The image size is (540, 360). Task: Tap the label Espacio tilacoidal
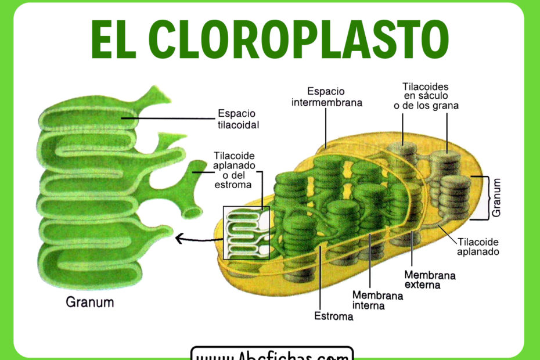pyautogui.click(x=237, y=119)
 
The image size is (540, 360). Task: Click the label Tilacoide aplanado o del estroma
pyautogui.click(x=233, y=170)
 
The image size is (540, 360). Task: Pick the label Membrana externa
pyautogui.click(x=430, y=279)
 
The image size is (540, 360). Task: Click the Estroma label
pyautogui.click(x=334, y=316)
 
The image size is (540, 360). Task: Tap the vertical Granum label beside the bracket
pyautogui.click(x=496, y=197)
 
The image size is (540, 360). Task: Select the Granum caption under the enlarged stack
pyautogui.click(x=89, y=303)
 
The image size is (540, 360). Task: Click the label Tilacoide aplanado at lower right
pyautogui.click(x=478, y=247)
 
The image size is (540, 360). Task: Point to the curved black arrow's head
pyautogui.click(x=178, y=237)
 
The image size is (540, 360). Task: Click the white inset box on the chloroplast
pyautogui.click(x=247, y=232)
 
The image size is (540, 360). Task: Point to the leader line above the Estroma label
pyautogui.click(x=319, y=279)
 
